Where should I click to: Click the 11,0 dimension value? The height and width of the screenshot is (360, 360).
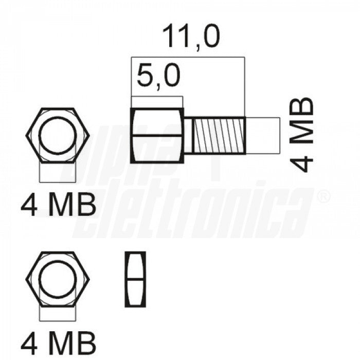coord(191,37)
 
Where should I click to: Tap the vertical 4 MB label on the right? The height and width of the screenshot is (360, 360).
coord(302,135)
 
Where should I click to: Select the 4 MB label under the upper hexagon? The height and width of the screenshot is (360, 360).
coord(58,205)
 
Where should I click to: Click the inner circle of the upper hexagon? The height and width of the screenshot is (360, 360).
coord(58,135)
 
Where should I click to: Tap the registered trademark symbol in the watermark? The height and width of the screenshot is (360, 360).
coord(322,196)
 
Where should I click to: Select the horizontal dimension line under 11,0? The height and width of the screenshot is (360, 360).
coord(188,57)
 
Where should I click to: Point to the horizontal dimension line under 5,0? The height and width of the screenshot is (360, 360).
coord(157,97)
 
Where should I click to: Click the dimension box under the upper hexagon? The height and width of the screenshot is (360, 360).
coord(58,172)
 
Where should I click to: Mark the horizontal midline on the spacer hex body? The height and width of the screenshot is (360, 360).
coord(157,135)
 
